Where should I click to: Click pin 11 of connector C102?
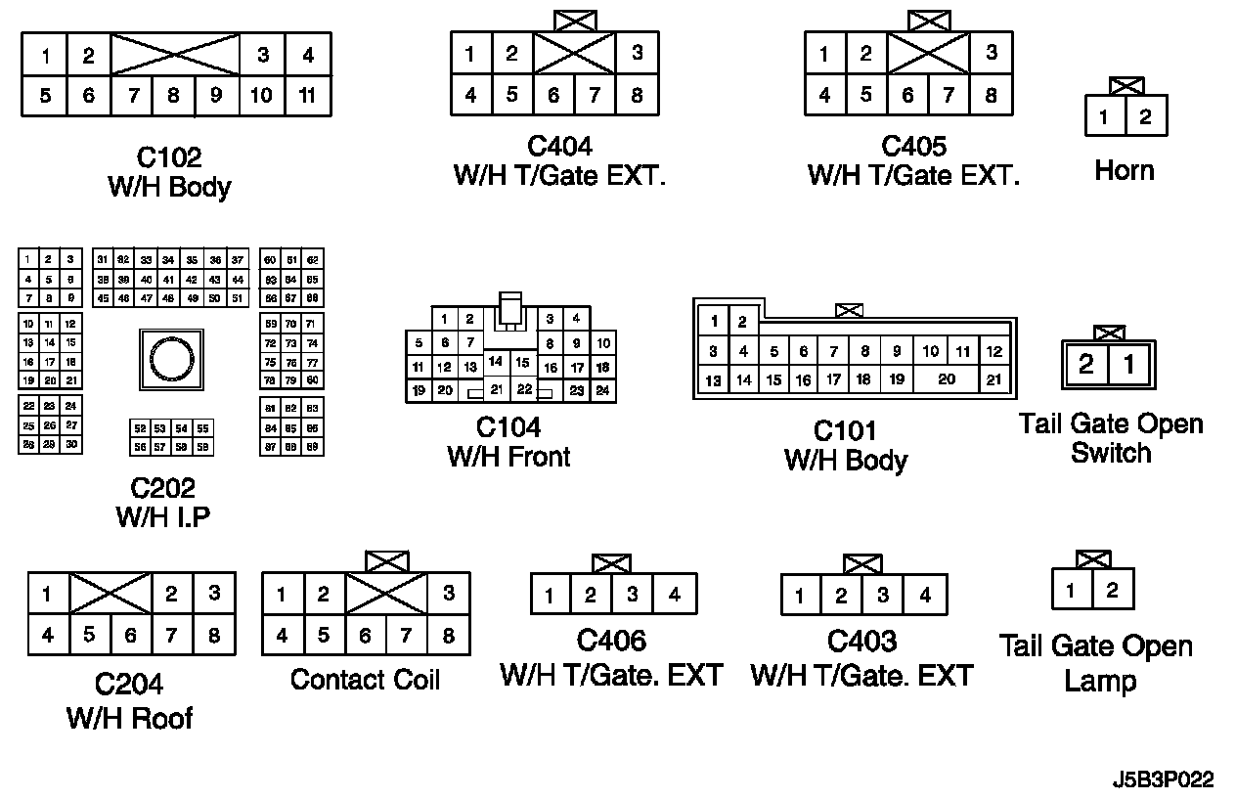[x=308, y=96]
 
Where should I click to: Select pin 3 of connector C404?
[x=637, y=54]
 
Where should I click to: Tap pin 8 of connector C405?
[x=991, y=96]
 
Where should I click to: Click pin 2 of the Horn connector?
[x=1145, y=117]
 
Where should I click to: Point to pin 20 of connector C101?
[x=947, y=379]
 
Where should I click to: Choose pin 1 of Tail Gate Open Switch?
[x=1129, y=366]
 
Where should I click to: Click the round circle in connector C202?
[x=172, y=360]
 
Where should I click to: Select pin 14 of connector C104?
[x=496, y=362]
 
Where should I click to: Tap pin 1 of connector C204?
[x=47, y=594]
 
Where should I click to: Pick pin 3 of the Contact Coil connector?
[x=448, y=594]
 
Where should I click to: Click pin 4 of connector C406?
[x=675, y=594]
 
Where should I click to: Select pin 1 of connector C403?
[x=800, y=595]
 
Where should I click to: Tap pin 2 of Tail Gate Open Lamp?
[x=1112, y=591]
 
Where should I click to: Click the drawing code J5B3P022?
[x=1163, y=780]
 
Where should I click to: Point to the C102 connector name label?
[x=168, y=157]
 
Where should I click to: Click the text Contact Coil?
[x=365, y=679]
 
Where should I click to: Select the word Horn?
[x=1124, y=171]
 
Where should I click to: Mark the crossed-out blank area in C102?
[x=176, y=54]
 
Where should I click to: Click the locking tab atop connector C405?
[x=928, y=21]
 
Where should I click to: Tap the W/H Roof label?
[x=129, y=718]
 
